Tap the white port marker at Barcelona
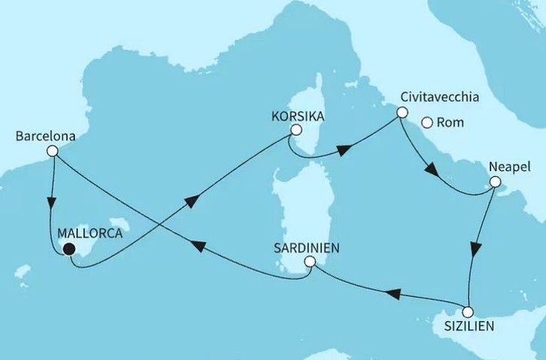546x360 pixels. (x=52, y=151)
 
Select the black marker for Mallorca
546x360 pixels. (x=69, y=250)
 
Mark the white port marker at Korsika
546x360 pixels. (x=296, y=129)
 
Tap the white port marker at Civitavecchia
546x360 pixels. (x=402, y=113)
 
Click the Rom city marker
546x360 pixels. (x=427, y=123)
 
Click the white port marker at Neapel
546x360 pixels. (x=494, y=181)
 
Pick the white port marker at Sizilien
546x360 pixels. (x=468, y=312)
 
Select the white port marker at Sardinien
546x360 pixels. (x=310, y=262)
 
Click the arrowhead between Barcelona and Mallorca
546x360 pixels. (x=52, y=203)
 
